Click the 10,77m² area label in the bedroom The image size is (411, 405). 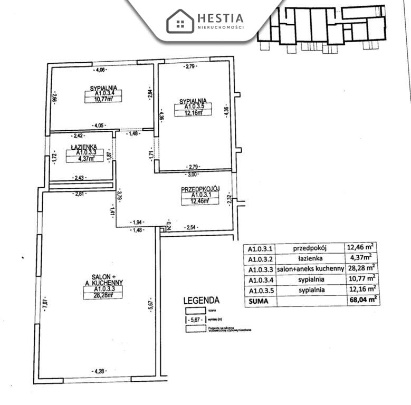[x=103, y=99]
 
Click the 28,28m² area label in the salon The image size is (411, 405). [x=103, y=295]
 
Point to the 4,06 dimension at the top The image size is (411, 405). [x=100, y=70]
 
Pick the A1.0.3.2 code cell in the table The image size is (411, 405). [x=259, y=258]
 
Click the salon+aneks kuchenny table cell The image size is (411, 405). [x=310, y=268]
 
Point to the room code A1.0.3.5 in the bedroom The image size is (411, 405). [x=193, y=106]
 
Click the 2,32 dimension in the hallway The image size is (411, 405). [x=228, y=199]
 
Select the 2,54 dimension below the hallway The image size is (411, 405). [x=190, y=228]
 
